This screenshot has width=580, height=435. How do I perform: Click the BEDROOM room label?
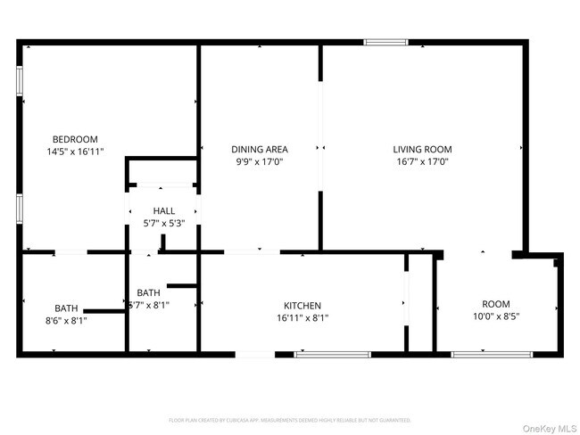75,139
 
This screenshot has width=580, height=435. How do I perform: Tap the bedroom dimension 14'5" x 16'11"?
75,152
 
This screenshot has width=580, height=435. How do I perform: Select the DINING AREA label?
259,150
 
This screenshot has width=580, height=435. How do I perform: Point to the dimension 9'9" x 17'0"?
259,162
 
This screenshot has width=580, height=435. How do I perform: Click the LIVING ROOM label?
423,150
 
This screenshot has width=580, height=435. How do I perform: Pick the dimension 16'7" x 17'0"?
423,162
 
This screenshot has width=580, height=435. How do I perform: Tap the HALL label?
163,210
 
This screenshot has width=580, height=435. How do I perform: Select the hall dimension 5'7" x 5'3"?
163,223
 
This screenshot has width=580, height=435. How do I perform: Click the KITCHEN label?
302,306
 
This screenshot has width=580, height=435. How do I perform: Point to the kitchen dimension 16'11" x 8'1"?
302,318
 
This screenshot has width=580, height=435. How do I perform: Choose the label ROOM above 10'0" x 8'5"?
496,304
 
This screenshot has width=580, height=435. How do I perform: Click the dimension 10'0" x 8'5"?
496,316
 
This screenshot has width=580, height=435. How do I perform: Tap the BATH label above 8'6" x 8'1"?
66,308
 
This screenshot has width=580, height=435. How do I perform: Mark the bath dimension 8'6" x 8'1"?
66,320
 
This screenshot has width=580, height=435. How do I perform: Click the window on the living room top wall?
385,42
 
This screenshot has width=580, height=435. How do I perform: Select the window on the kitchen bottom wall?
332,355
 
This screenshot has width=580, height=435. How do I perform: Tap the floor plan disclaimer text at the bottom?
290,419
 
